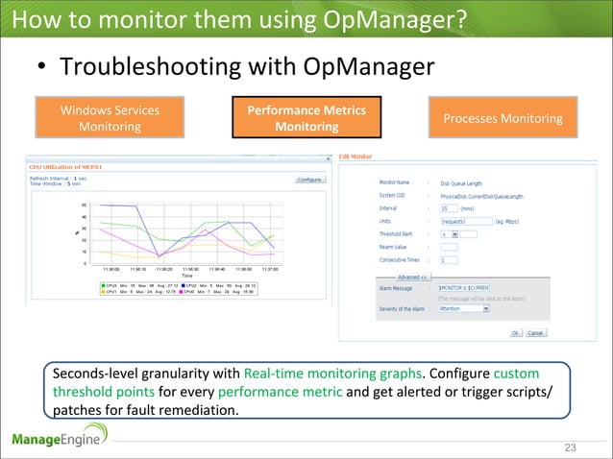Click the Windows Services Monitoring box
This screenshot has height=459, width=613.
(x=110, y=118)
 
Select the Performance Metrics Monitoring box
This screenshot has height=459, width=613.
(x=306, y=118)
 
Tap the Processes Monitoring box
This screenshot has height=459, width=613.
(x=503, y=118)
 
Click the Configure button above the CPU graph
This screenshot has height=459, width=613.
(x=308, y=180)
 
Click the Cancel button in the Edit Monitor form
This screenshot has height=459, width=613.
(x=535, y=333)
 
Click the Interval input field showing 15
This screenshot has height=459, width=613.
(x=451, y=206)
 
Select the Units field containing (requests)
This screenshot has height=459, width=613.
(x=460, y=220)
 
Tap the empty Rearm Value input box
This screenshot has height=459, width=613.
(x=449, y=246)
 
